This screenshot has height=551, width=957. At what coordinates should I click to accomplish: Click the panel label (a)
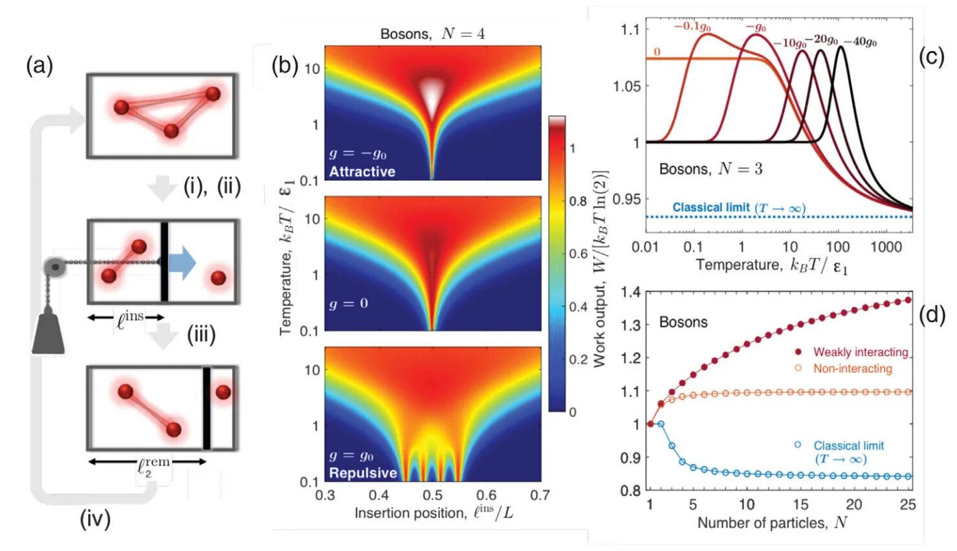pyautogui.click(x=39, y=66)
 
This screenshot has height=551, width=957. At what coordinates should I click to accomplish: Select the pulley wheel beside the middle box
pyautogui.click(x=55, y=267)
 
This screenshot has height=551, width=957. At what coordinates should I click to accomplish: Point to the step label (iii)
pyautogui.click(x=201, y=335)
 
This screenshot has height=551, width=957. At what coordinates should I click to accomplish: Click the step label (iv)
pyautogui.click(x=95, y=519)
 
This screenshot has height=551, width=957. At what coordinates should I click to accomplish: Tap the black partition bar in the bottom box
pyautogui.click(x=206, y=408)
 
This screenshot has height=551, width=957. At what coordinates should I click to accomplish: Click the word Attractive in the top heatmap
pyautogui.click(x=362, y=172)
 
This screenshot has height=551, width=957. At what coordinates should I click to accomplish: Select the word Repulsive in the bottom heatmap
pyautogui.click(x=363, y=473)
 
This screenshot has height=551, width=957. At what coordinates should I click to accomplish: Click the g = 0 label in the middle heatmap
pyautogui.click(x=348, y=304)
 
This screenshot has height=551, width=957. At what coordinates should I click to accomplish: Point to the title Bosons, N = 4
pyautogui.click(x=432, y=34)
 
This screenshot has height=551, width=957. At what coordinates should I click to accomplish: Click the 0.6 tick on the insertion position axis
pyautogui.click(x=486, y=495)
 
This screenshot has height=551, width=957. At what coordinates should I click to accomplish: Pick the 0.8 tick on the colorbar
pyautogui.click(x=578, y=201)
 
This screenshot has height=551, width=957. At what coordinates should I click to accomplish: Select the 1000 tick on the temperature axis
pyautogui.click(x=886, y=247)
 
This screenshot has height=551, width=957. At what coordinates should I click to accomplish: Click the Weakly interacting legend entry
pyautogui.click(x=861, y=352)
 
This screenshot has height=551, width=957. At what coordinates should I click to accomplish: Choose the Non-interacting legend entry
pyautogui.click(x=852, y=368)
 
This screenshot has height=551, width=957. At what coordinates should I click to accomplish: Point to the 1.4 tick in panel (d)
pyautogui.click(x=630, y=292)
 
